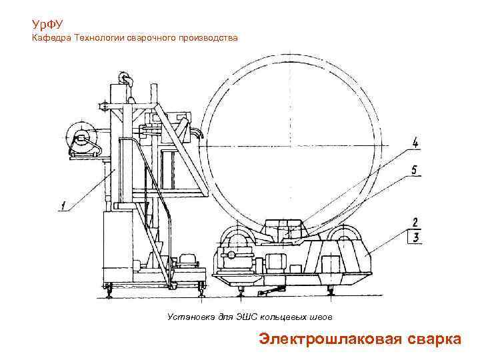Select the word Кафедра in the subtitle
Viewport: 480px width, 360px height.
tap(51, 39)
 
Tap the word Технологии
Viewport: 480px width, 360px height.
tap(98, 39)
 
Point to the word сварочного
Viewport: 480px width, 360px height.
tap(151, 39)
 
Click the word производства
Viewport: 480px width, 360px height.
tap(207, 39)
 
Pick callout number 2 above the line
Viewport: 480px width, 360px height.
tap(415, 222)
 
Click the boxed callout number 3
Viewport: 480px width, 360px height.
tap(415, 236)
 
